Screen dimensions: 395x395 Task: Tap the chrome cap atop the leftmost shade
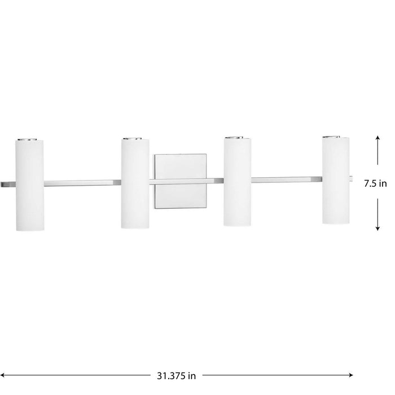click(30, 138)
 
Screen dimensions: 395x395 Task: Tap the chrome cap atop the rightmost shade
click(336, 137)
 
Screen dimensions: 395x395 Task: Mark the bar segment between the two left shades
click(82, 183)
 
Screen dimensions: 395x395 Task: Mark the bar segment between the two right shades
click(287, 180)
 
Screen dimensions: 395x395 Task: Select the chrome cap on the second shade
click(135, 138)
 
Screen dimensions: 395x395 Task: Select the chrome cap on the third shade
click(238, 137)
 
